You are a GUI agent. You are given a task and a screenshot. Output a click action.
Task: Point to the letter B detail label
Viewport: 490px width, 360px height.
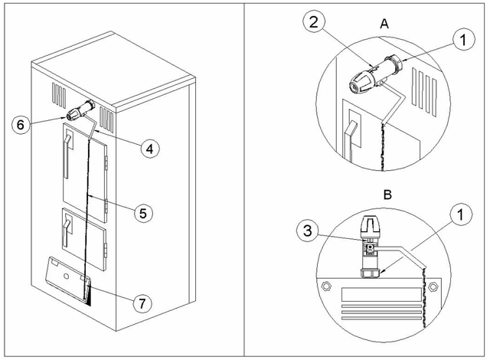coord(387,195)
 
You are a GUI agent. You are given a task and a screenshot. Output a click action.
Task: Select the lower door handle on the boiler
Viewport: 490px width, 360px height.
coord(68,227)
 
